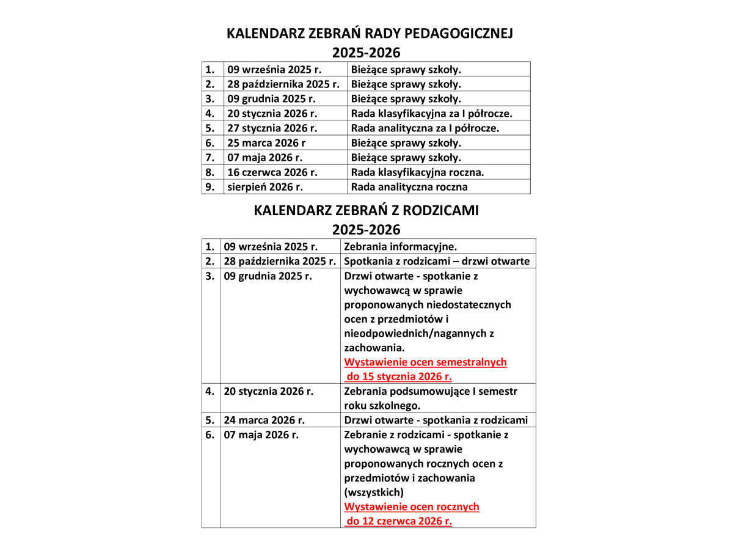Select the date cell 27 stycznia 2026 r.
click(x=272, y=128)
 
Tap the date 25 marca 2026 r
click(x=266, y=143)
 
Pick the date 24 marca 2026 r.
click(x=264, y=420)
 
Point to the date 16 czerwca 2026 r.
click(x=272, y=172)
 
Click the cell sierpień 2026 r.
click(x=265, y=187)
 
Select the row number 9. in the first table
click(x=210, y=187)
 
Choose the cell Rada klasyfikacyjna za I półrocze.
click(x=432, y=114)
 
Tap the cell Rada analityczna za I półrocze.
click(x=425, y=128)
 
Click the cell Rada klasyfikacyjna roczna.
click(x=418, y=172)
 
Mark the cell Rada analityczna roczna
click(x=409, y=187)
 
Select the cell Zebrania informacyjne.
click(x=401, y=247)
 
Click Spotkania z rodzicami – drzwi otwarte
click(x=437, y=262)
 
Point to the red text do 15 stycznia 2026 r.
click(x=399, y=376)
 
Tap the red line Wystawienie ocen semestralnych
click(x=426, y=362)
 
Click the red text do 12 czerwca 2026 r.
click(x=399, y=521)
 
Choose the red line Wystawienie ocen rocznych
click(x=412, y=507)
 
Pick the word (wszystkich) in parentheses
click(x=374, y=493)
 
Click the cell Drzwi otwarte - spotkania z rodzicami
click(x=436, y=420)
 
